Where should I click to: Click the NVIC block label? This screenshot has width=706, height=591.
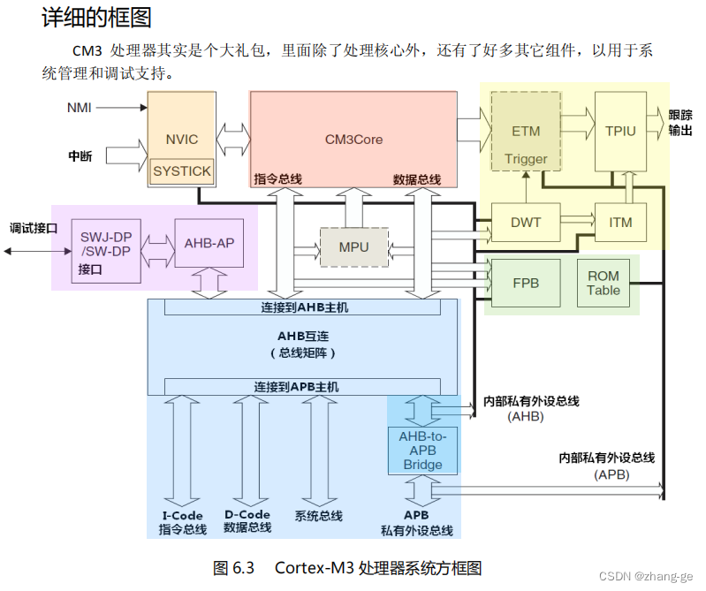click(181, 140)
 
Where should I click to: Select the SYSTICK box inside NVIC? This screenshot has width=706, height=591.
click(181, 170)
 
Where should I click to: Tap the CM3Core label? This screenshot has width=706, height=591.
click(353, 139)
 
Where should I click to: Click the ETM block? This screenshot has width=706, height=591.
click(526, 131)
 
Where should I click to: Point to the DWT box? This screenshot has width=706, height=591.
click(526, 223)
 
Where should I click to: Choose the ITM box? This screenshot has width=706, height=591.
click(621, 223)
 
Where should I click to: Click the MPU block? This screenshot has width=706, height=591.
click(353, 247)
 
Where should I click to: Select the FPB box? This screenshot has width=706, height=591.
click(526, 284)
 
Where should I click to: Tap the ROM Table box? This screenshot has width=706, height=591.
click(604, 284)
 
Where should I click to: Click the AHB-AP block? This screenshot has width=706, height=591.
click(209, 243)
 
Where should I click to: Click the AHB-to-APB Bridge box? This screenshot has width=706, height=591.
click(423, 451)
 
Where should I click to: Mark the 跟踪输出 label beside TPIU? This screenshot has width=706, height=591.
click(680, 123)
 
